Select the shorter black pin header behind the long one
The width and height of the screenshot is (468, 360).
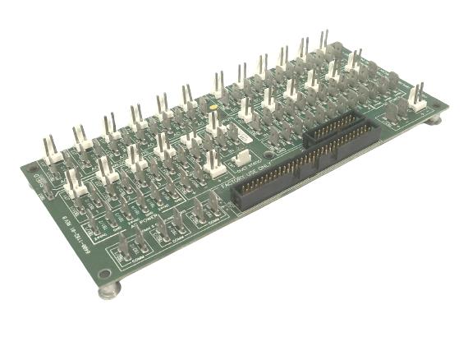333,129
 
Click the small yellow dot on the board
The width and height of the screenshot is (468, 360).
213,107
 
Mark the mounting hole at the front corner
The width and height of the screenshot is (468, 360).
103,274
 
